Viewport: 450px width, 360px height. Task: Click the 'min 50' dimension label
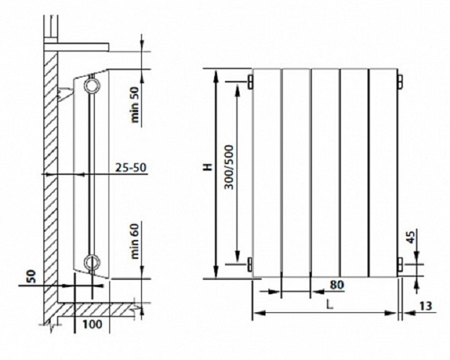tap(135, 104)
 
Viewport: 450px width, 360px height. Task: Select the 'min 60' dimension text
tap(135, 241)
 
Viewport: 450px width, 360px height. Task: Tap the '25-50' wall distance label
tap(131, 167)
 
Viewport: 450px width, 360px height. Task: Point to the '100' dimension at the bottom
tap(93, 324)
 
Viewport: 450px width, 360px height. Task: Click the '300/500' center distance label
tap(229, 168)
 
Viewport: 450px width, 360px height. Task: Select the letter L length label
tap(330, 305)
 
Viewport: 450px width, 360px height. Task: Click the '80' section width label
tap(336, 285)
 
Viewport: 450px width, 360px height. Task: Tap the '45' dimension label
tap(411, 238)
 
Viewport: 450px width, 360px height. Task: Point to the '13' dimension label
tap(425, 306)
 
